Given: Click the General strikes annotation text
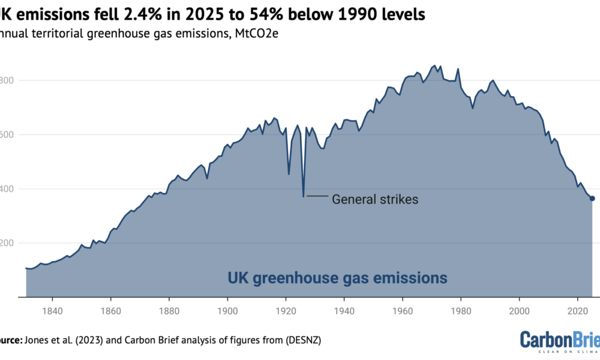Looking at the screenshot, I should tap(375, 199).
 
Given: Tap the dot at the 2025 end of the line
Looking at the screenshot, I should tap(592, 199).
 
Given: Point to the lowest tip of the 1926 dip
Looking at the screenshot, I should tap(304, 196).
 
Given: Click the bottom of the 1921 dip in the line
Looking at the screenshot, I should tap(289, 174).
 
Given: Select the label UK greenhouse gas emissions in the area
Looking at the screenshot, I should tap(337, 278).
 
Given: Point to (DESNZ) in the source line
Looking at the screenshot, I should tap(304, 341).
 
